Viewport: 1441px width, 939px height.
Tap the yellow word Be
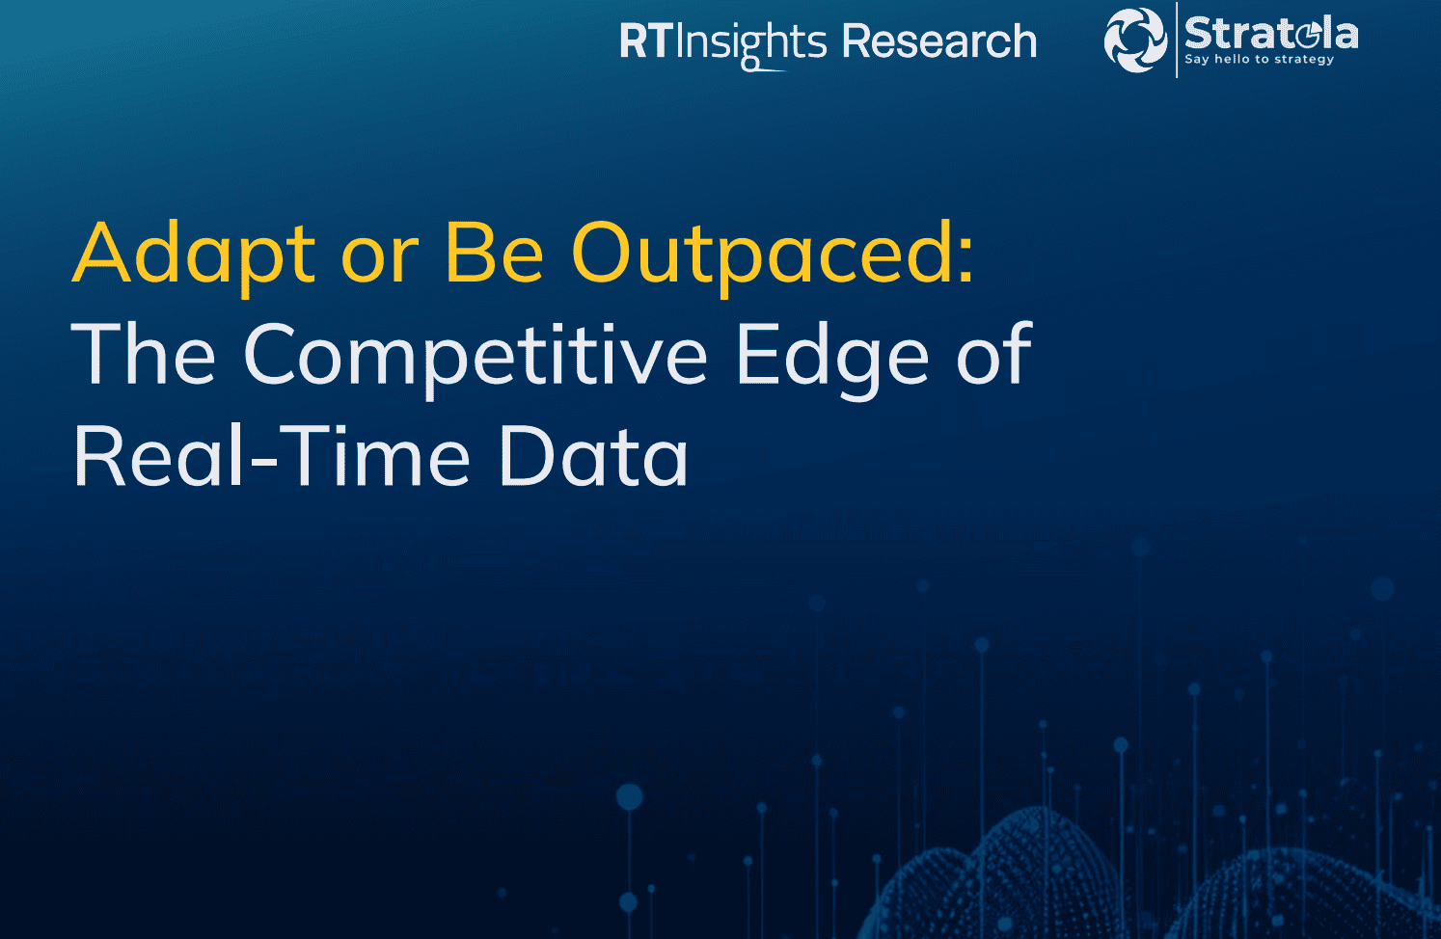[495, 253]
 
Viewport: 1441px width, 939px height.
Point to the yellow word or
[380, 260]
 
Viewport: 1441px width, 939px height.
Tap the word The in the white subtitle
[143, 353]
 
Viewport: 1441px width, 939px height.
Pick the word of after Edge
[994, 353]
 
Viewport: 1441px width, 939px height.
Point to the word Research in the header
[939, 41]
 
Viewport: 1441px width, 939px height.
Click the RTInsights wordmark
[723, 43]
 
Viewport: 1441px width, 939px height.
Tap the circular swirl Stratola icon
[1135, 40]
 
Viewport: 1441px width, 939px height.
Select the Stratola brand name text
[1271, 33]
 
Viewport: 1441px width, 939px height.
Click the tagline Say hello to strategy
[1259, 59]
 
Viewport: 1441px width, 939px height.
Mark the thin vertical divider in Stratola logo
[1177, 40]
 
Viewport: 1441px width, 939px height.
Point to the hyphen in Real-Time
[263, 462]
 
